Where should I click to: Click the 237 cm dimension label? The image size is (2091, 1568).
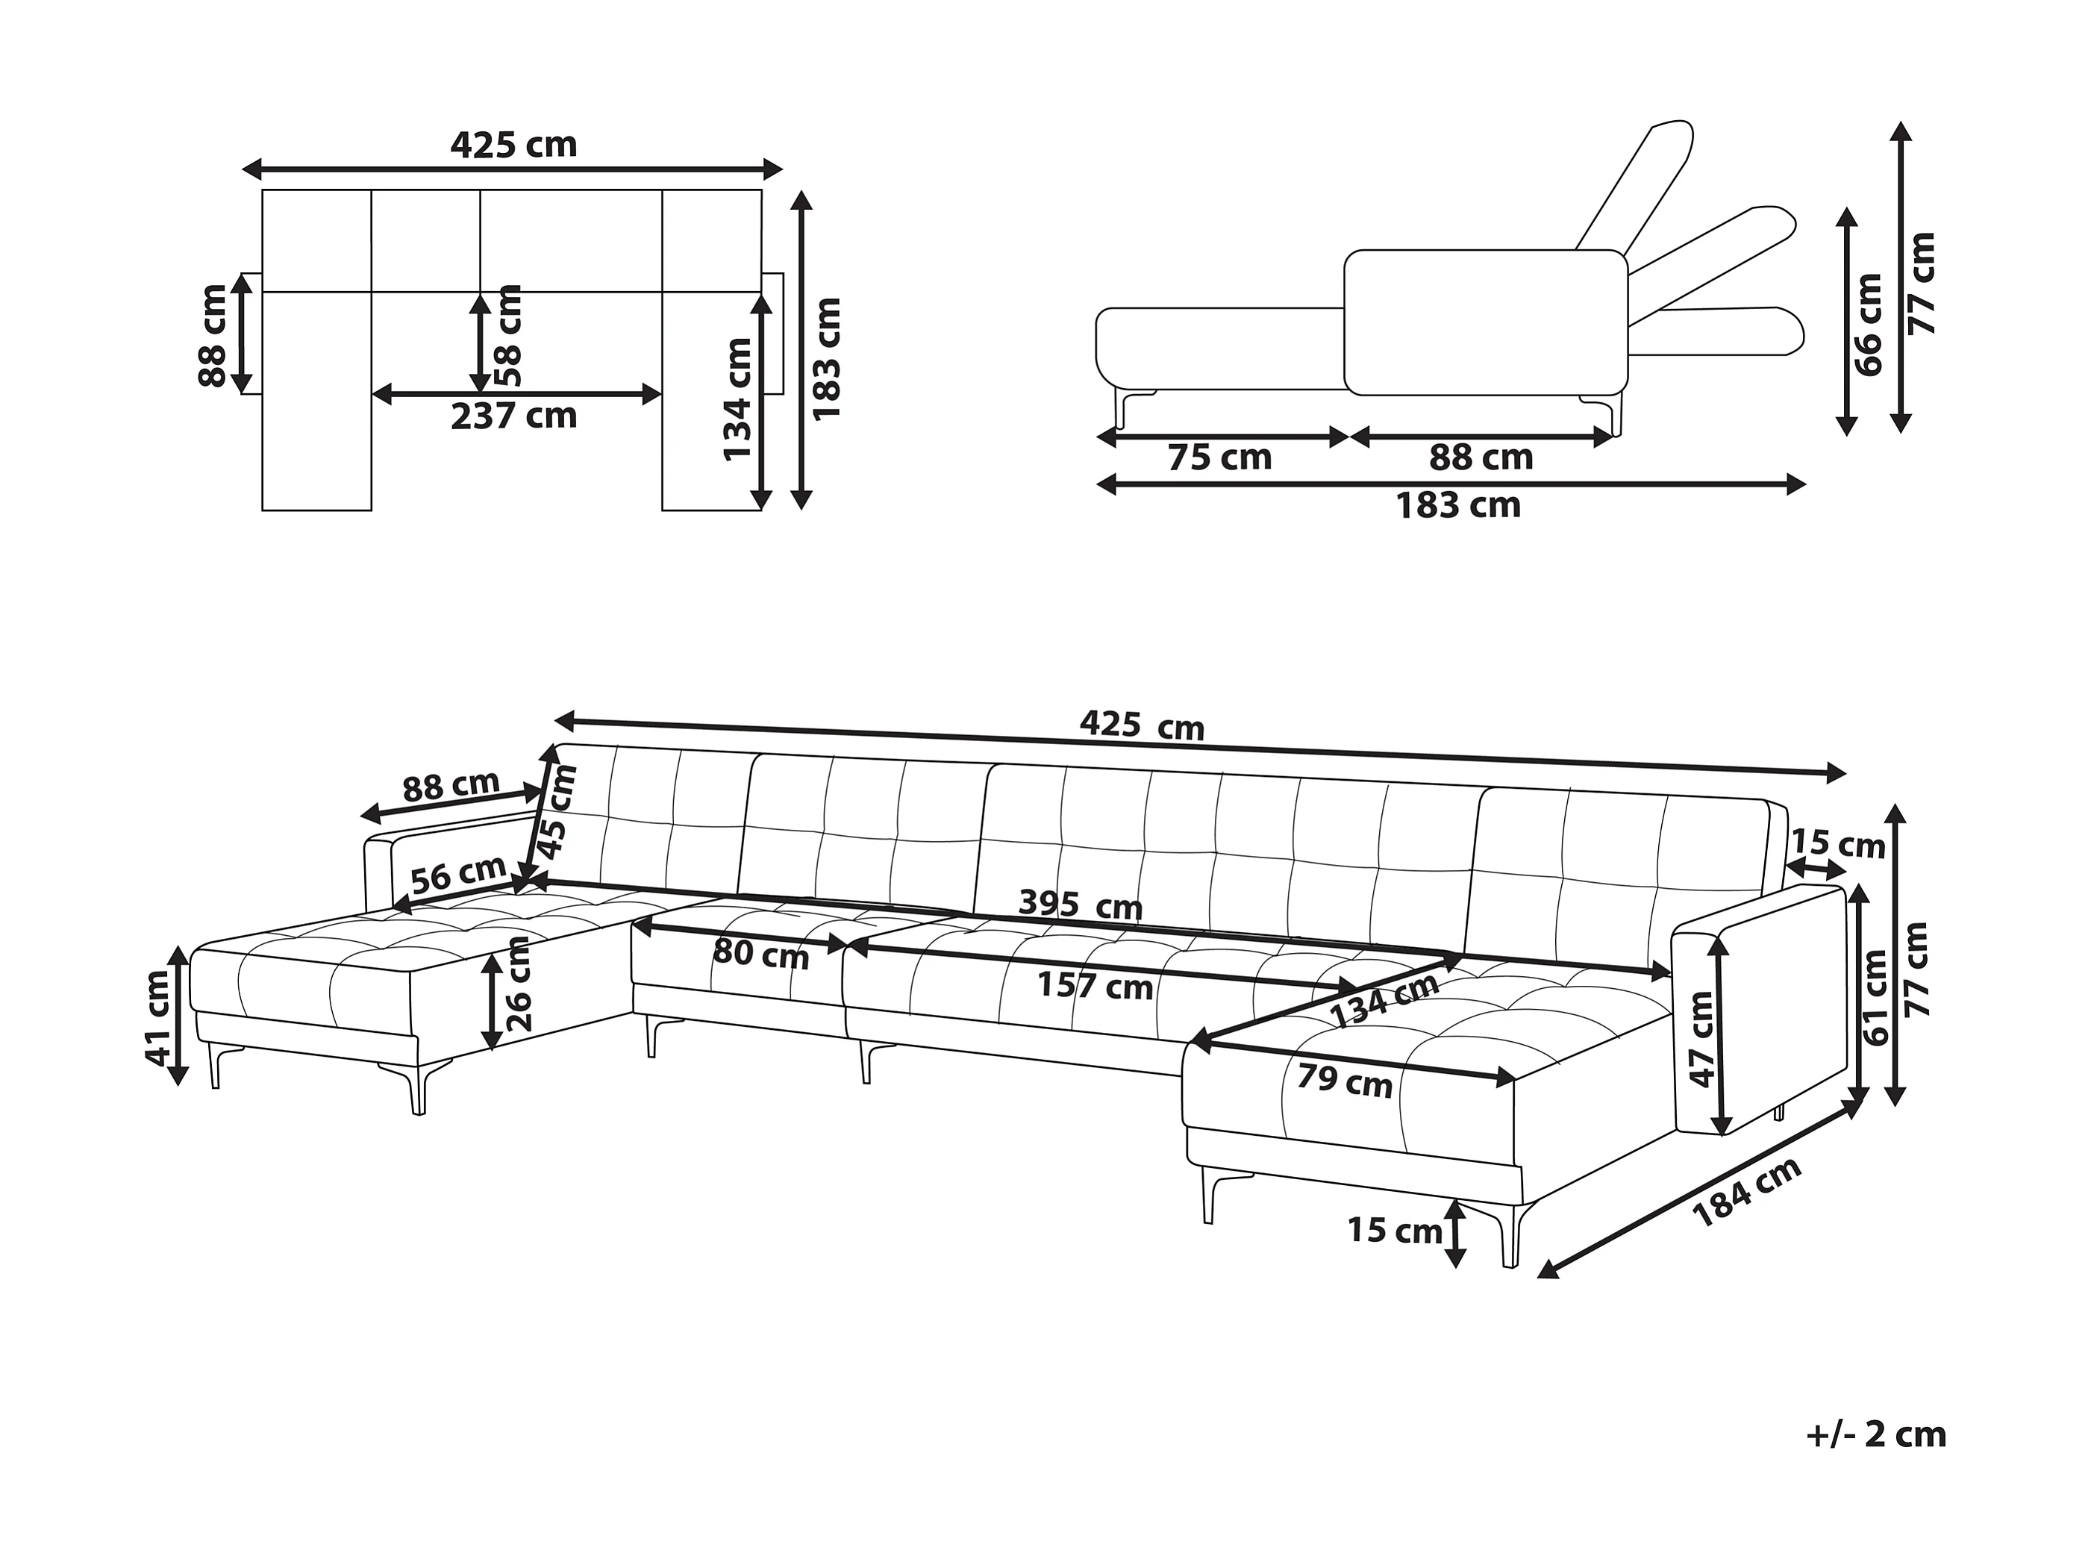(x=513, y=416)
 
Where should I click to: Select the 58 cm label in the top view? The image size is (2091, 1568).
(x=508, y=336)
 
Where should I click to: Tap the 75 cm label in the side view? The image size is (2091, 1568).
(x=1219, y=457)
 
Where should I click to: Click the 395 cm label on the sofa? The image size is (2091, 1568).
(x=1080, y=905)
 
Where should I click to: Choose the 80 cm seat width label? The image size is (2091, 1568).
(x=761, y=955)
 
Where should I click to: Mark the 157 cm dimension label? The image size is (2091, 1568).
(x=1095, y=987)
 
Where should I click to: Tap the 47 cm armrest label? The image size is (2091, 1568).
(x=1701, y=1040)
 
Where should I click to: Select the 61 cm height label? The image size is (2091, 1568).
(x=1875, y=996)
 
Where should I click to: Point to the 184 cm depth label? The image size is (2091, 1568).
(x=1747, y=1193)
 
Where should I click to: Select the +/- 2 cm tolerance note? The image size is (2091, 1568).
(x=1875, y=1434)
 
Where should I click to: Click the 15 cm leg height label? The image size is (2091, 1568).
(x=1394, y=1230)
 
